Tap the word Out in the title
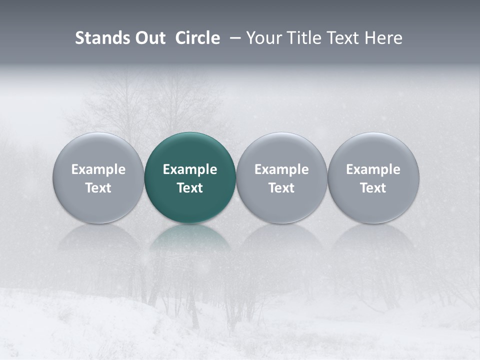click(149, 38)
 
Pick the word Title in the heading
click(301, 38)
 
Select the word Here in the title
click(383, 38)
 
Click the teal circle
click(190, 150)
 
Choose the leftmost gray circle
click(98, 150)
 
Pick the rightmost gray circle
click(373, 150)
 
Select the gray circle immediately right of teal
click(281, 150)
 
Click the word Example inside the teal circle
click(190, 169)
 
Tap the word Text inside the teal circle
click(190, 188)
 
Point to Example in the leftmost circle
click(98, 169)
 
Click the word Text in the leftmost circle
click(98, 188)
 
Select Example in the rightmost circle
click(373, 169)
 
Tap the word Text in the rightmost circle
click(373, 188)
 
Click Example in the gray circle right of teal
click(281, 169)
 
